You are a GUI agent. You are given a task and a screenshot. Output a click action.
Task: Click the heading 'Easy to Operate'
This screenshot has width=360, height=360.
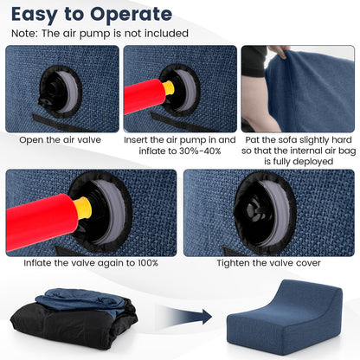tap(92, 15)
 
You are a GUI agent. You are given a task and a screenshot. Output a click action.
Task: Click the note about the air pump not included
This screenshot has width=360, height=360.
tap(100, 34)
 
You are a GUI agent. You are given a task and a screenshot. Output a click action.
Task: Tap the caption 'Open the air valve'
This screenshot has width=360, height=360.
tap(61, 140)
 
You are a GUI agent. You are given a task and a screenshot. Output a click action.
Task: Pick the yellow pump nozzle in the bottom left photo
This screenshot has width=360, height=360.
tap(82, 209)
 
